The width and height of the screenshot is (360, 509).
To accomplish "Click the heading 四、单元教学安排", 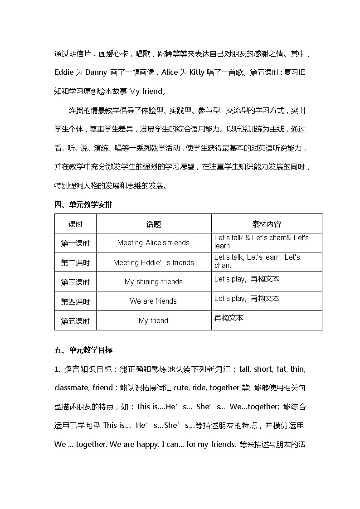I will [83, 204].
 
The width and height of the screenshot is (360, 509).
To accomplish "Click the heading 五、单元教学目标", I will [83, 350].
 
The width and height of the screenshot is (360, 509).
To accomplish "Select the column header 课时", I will [75, 224].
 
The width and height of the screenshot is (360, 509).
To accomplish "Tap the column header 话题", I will [153, 224].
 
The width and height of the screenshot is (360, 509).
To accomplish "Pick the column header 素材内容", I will [266, 224].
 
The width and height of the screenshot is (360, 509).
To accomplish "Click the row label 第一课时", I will [75, 243].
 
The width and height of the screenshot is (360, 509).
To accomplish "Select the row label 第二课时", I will [75, 262].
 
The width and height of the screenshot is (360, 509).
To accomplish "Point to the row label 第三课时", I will [75, 282].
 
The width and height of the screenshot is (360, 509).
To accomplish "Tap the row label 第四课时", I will [75, 301].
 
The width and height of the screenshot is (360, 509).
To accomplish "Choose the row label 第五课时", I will [75, 321].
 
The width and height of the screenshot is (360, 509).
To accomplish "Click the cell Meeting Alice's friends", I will [153, 243].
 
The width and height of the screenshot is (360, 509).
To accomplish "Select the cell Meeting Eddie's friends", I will [153, 262].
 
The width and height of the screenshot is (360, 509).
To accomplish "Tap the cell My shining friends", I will [153, 282].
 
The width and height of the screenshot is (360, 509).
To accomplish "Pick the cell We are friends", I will [153, 301].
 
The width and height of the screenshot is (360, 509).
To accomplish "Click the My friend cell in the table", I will [153, 321].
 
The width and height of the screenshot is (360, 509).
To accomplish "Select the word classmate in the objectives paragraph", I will [71, 388].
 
